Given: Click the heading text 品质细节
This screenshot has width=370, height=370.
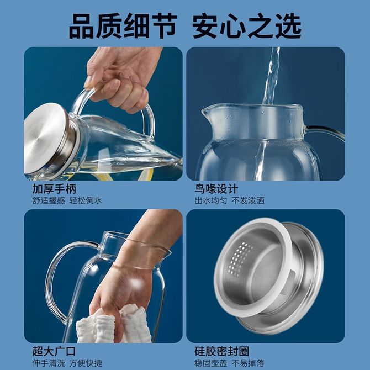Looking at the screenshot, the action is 123,26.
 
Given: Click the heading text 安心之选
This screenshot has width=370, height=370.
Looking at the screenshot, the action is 247,26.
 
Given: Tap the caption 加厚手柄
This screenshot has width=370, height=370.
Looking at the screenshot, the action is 54,189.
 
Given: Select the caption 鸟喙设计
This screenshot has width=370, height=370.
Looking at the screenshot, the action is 216,189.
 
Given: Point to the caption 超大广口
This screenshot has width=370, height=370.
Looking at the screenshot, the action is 54,351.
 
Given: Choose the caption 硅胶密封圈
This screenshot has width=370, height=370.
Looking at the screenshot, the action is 222,351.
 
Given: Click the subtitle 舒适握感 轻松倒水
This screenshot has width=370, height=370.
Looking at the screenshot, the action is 67,200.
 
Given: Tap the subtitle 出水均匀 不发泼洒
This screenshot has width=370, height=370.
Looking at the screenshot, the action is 229,200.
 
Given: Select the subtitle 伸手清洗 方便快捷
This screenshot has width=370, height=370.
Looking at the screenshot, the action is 67,363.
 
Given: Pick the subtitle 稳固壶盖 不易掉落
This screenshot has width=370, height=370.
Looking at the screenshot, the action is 229,363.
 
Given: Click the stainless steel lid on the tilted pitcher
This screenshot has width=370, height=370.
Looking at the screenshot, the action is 47,139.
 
